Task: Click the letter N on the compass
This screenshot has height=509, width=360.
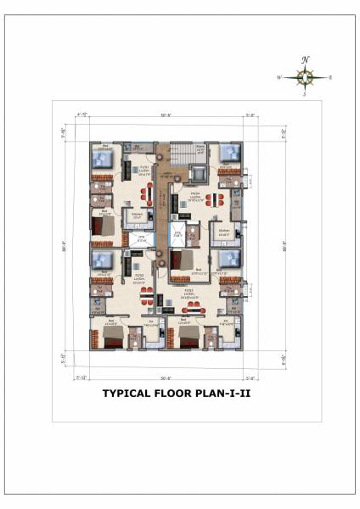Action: tap(305, 59)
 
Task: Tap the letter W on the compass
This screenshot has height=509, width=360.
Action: tap(278, 77)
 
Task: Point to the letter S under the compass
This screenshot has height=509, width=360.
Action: tap(305, 95)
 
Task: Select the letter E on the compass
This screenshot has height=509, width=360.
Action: tap(330, 77)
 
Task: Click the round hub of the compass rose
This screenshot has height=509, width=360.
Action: tap(305, 77)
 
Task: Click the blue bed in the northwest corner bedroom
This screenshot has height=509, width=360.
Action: tap(98, 159)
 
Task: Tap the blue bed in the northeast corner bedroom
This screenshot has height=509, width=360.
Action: tap(228, 155)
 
